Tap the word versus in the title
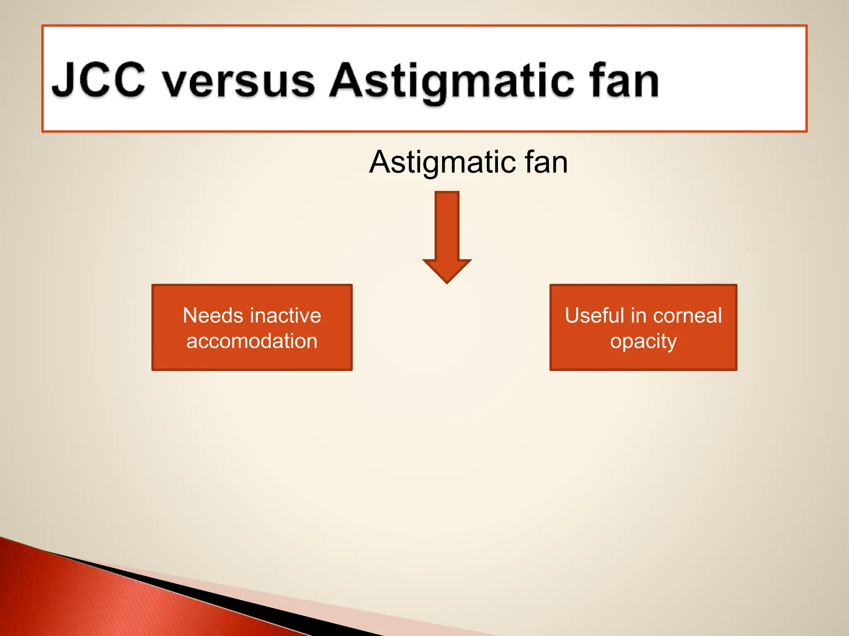click(x=238, y=82)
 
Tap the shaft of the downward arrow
click(x=447, y=226)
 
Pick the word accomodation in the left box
click(x=252, y=341)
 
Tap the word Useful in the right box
click(x=594, y=316)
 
